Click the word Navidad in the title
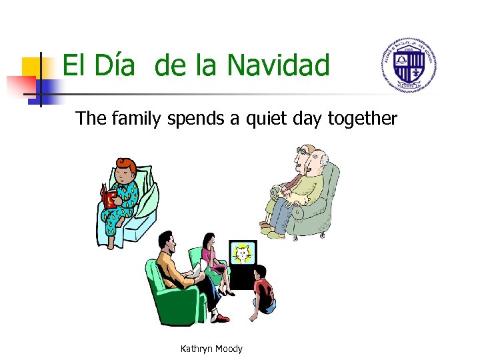point(278,66)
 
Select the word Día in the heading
point(118,66)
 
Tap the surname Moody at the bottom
point(229,349)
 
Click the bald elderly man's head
point(320,161)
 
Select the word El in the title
point(74,66)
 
